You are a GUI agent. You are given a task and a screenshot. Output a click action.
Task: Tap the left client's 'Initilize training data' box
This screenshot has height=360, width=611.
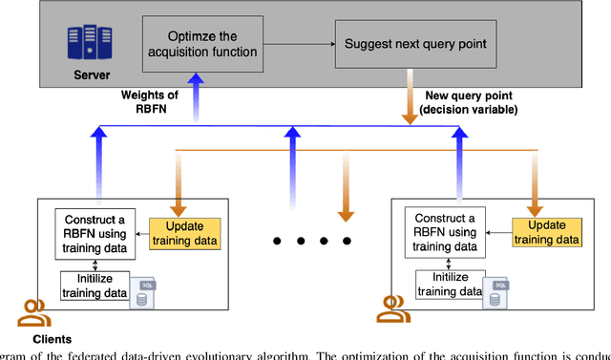tap(94, 285)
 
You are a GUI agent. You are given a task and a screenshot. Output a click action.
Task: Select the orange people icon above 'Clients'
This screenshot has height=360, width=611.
tap(32, 312)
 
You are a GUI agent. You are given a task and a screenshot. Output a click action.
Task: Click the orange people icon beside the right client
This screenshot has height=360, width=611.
tap(391, 308)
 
